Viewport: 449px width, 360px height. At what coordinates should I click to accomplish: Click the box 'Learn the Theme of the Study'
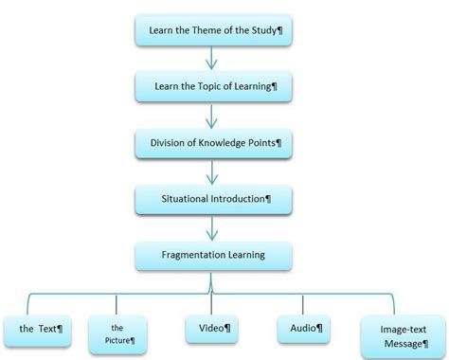(211, 31)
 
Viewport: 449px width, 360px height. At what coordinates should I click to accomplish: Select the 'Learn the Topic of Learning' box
(211, 87)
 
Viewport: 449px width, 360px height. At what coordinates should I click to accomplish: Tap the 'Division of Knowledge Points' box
(211, 143)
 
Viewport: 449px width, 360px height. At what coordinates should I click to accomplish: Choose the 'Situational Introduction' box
(211, 199)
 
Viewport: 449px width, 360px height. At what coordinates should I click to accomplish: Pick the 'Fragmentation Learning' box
(211, 255)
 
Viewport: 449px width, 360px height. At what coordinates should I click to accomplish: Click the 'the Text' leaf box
(41, 329)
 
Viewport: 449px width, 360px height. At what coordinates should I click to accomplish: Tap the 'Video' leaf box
(211, 328)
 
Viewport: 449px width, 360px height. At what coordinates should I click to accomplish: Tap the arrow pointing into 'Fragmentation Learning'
(211, 227)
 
